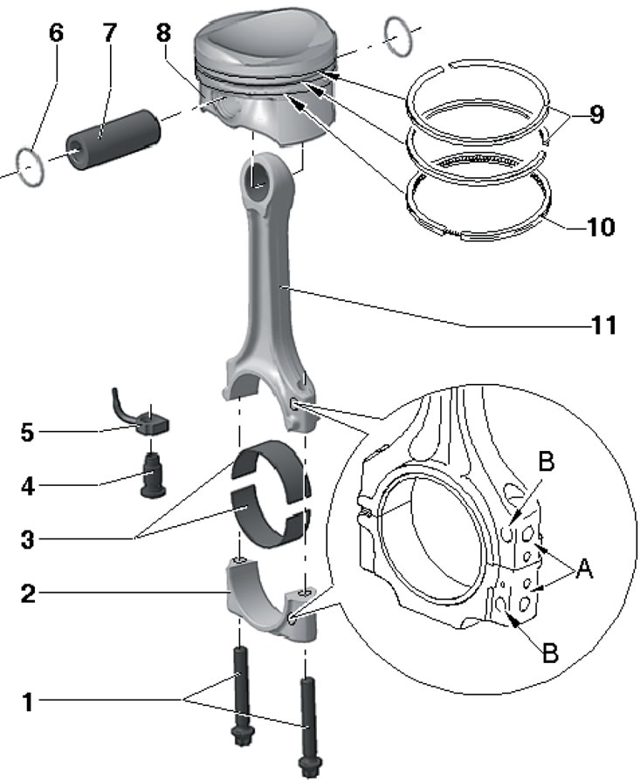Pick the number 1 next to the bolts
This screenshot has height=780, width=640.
pyautogui.click(x=30, y=701)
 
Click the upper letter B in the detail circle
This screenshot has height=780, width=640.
pyautogui.click(x=546, y=462)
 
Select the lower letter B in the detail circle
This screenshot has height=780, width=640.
pyautogui.click(x=549, y=652)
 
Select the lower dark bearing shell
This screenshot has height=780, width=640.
pyautogui.click(x=272, y=512)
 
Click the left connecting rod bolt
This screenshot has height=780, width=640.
pyautogui.click(x=240, y=702)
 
